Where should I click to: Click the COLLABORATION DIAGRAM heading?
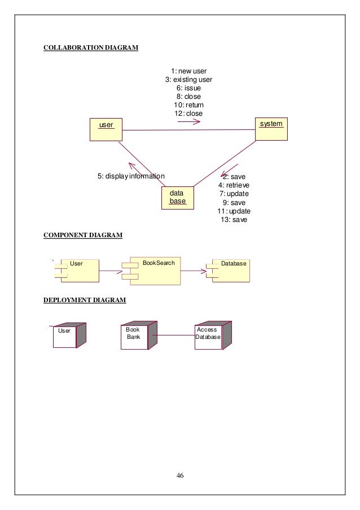coord(91,48)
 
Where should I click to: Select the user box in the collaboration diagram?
coord(106,129)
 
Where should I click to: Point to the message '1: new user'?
coord(188,71)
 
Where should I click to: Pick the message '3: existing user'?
coord(188,80)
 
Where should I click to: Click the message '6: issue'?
coord(188,88)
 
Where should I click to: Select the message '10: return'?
coord(188,105)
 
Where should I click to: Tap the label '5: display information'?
coord(131,176)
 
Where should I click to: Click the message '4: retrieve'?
coord(234,185)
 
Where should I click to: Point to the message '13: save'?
coord(234,220)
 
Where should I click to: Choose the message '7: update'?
coord(234,194)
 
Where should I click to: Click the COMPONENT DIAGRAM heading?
coord(83,235)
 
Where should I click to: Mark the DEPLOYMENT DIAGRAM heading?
coord(85,300)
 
